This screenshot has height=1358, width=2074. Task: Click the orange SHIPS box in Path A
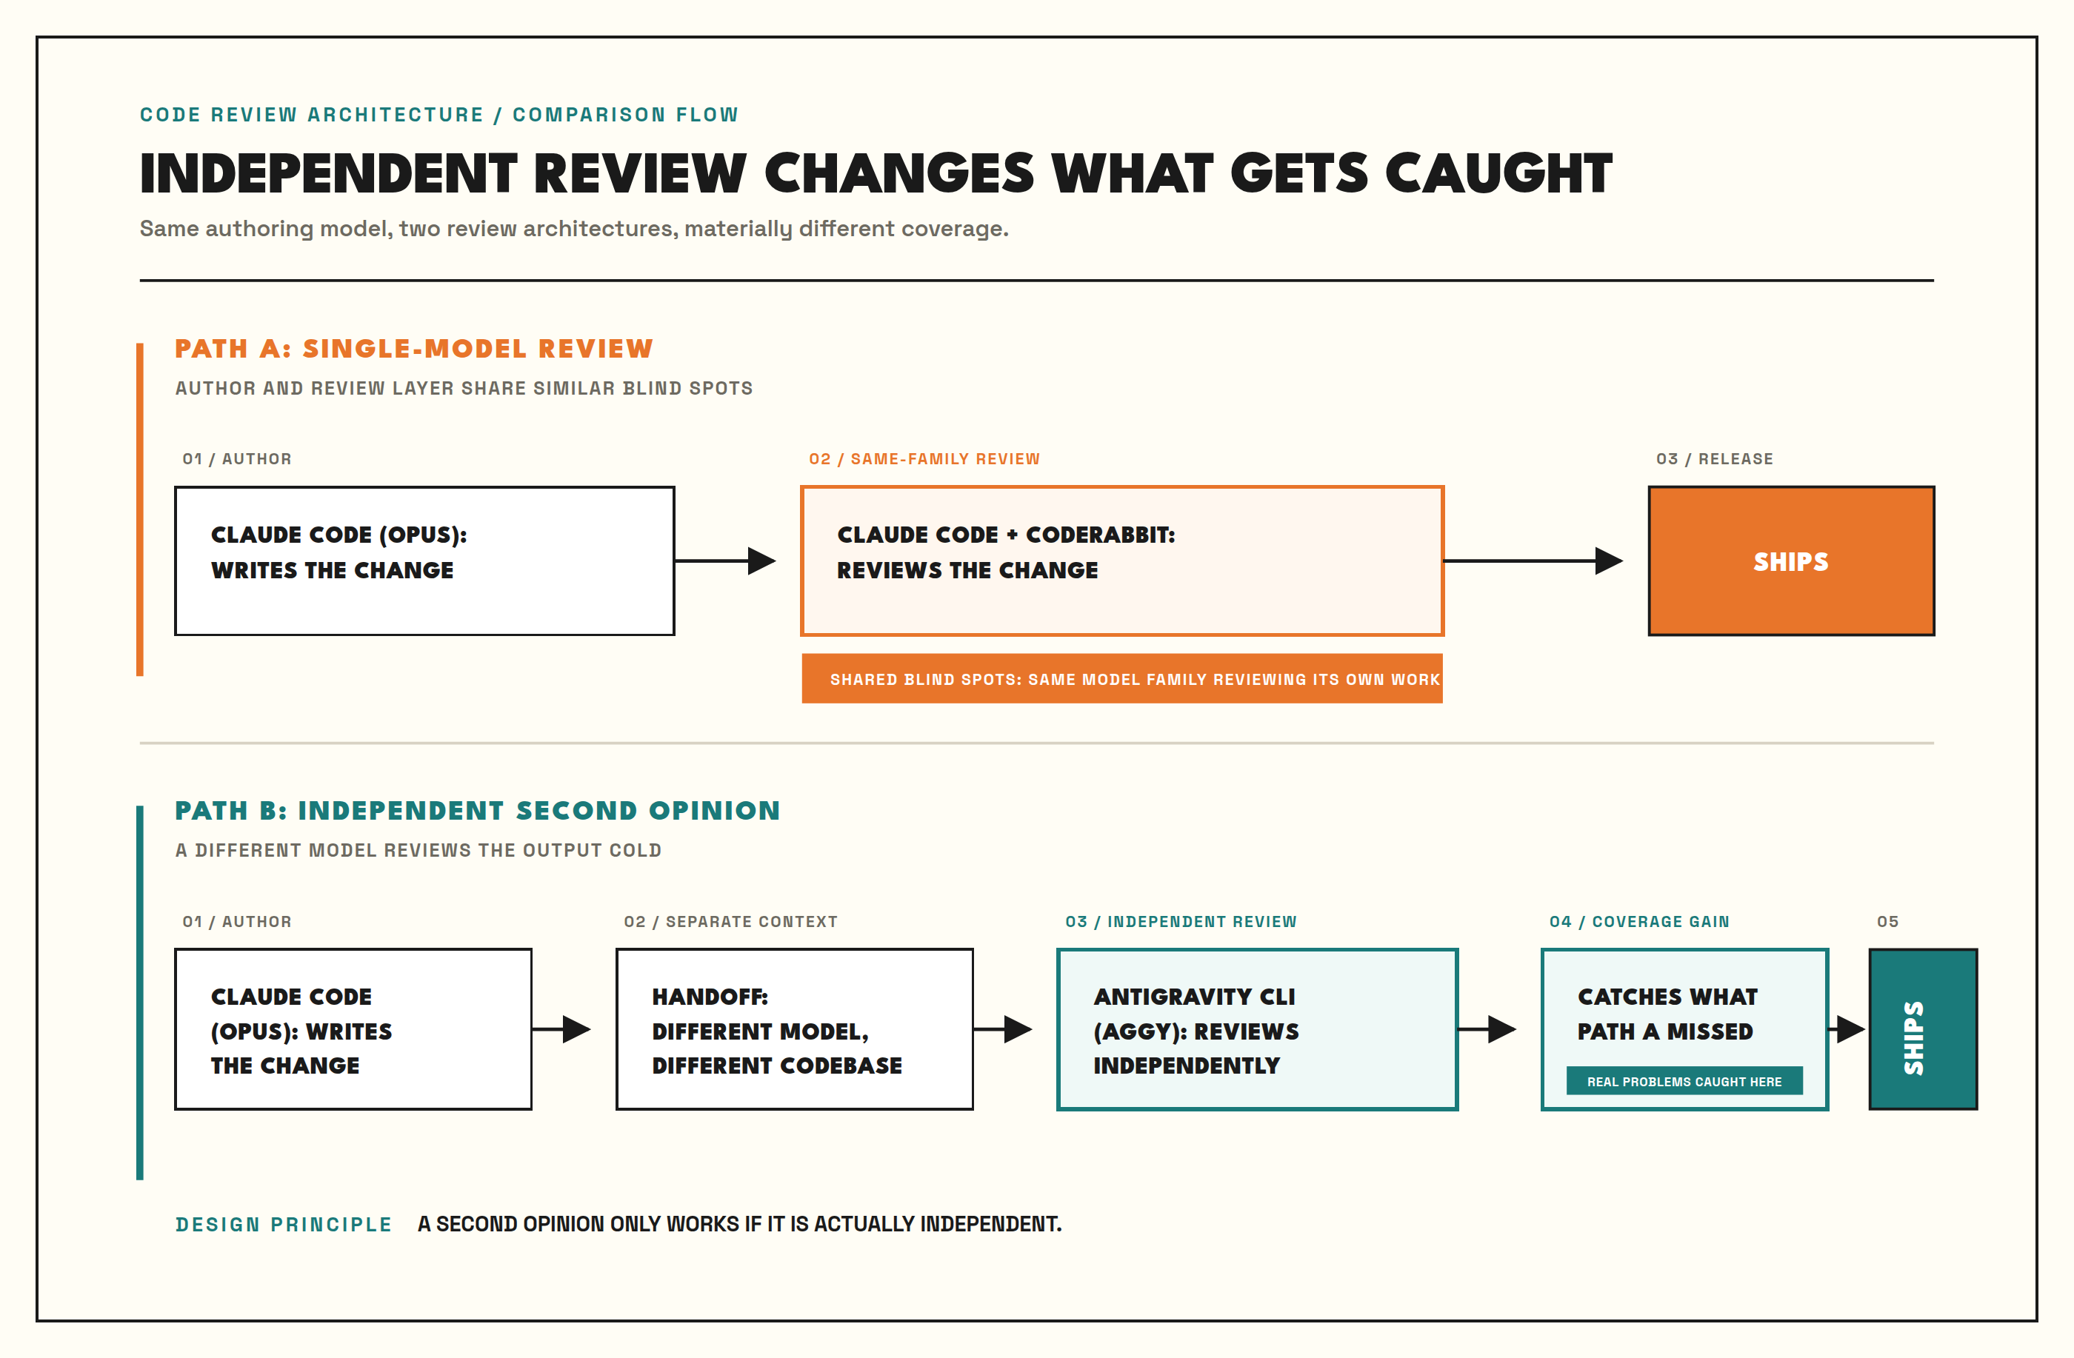pyautogui.click(x=1791, y=561)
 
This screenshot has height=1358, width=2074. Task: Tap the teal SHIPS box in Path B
pyautogui.click(x=1922, y=1028)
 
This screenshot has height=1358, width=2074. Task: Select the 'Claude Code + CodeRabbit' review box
pyautogui.click(x=1121, y=561)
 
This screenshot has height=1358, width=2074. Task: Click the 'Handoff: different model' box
pyautogui.click(x=794, y=1028)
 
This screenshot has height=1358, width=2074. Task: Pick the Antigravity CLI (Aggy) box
pyautogui.click(x=1256, y=1028)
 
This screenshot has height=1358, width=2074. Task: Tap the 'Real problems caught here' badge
pyautogui.click(x=1684, y=1081)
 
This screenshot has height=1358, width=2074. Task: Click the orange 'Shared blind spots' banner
pyautogui.click(x=1121, y=678)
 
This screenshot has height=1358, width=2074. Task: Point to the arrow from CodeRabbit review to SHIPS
pyautogui.click(x=1533, y=561)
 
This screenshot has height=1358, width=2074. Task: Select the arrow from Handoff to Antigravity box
pyautogui.click(x=1002, y=1028)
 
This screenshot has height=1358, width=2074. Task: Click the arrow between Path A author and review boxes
pyautogui.click(x=725, y=561)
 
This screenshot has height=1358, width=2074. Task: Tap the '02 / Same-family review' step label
pyautogui.click(x=924, y=459)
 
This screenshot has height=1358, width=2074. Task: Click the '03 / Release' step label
pyautogui.click(x=1714, y=459)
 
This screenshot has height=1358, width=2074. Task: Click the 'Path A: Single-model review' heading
pyautogui.click(x=414, y=349)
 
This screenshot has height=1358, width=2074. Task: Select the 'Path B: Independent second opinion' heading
pyautogui.click(x=478, y=810)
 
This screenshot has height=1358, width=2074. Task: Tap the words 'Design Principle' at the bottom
pyautogui.click(x=283, y=1224)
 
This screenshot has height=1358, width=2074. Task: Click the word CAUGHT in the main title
pyautogui.click(x=1499, y=173)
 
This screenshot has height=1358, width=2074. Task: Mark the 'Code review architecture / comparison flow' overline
pyautogui.click(x=439, y=115)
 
